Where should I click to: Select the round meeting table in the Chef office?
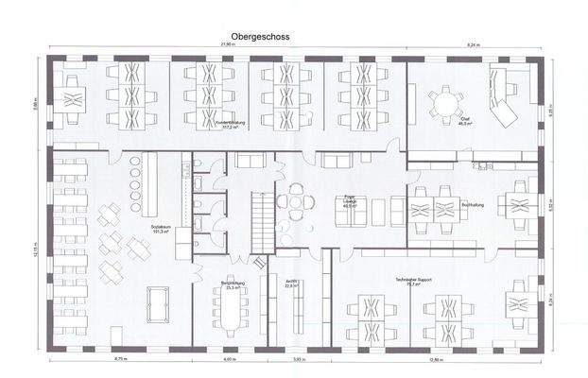pyautogui.click(x=443, y=100)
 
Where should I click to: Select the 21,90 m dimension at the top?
pyautogui.click(x=227, y=45)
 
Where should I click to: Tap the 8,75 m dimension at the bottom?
pyautogui.click(x=121, y=360)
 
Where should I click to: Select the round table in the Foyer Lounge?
pyautogui.click(x=299, y=201)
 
